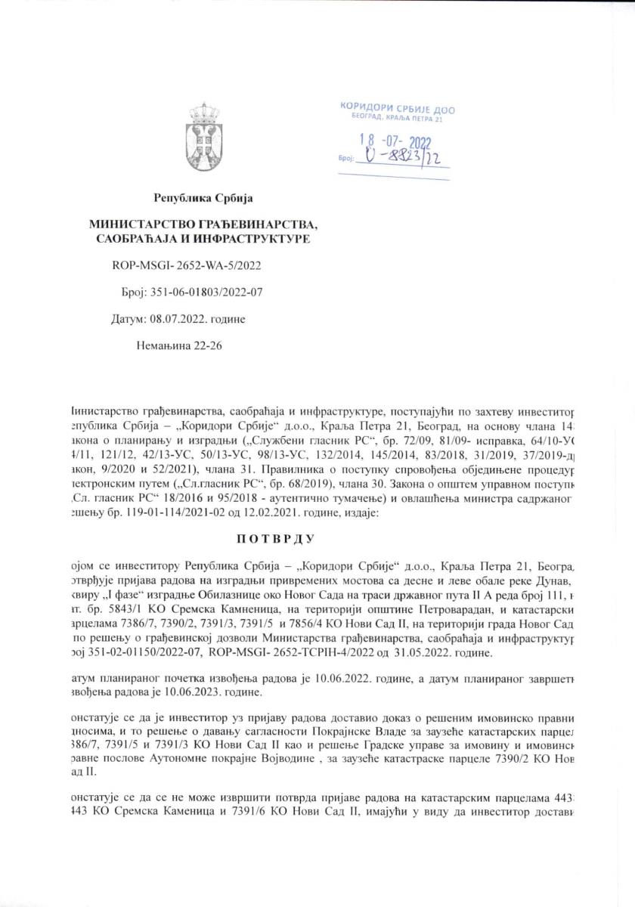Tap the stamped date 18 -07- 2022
point(399,142)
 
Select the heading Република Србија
point(203,199)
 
